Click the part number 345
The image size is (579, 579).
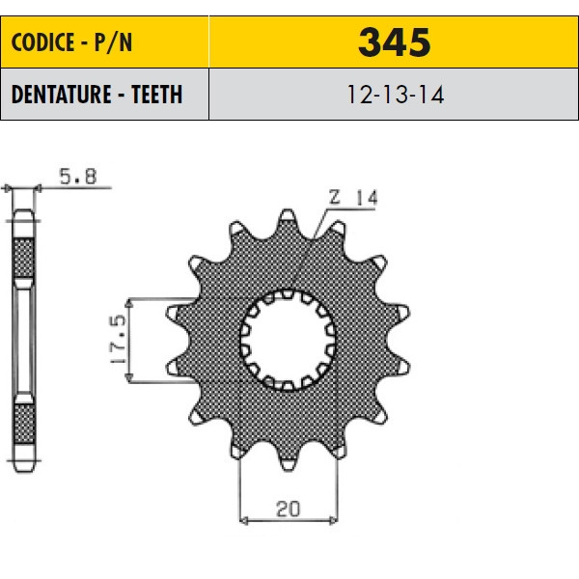(394, 42)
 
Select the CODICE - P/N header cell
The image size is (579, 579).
(105, 42)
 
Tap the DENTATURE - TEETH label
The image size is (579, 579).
(97, 95)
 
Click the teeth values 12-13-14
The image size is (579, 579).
(395, 95)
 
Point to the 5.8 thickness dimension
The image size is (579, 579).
(78, 177)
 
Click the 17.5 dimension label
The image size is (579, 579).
(119, 340)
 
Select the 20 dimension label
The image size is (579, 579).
(288, 509)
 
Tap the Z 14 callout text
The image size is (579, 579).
(353, 197)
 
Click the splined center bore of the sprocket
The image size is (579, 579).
(288, 340)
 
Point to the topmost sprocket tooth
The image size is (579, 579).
(288, 217)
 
